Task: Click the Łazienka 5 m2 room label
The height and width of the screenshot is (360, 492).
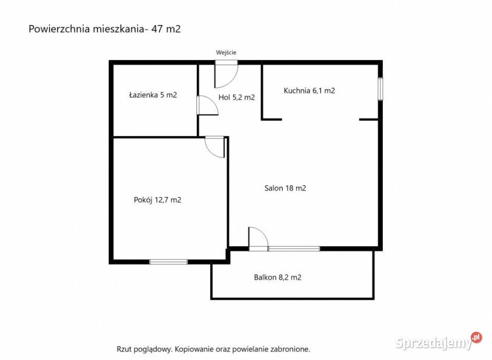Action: click(153, 95)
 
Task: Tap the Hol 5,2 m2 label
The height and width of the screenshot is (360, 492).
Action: click(236, 97)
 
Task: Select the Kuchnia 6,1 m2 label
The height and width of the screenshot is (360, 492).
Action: click(309, 91)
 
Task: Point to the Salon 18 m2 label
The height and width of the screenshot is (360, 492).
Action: click(285, 188)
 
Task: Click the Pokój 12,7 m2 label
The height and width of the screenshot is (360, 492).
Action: click(157, 201)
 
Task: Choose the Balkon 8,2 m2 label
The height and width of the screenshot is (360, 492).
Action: click(277, 278)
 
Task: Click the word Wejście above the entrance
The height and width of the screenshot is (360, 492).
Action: click(226, 52)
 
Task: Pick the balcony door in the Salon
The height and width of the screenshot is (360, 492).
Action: click(258, 238)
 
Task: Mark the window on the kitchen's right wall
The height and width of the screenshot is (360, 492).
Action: click(380, 89)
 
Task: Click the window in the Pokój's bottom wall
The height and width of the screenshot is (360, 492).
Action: click(168, 262)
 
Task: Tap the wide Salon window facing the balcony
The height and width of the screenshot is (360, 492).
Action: click(294, 249)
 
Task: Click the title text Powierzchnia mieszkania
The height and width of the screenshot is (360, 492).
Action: click(86, 29)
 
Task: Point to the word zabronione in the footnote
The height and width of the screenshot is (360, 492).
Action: click(290, 349)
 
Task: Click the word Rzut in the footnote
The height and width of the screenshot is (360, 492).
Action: click(125, 349)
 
